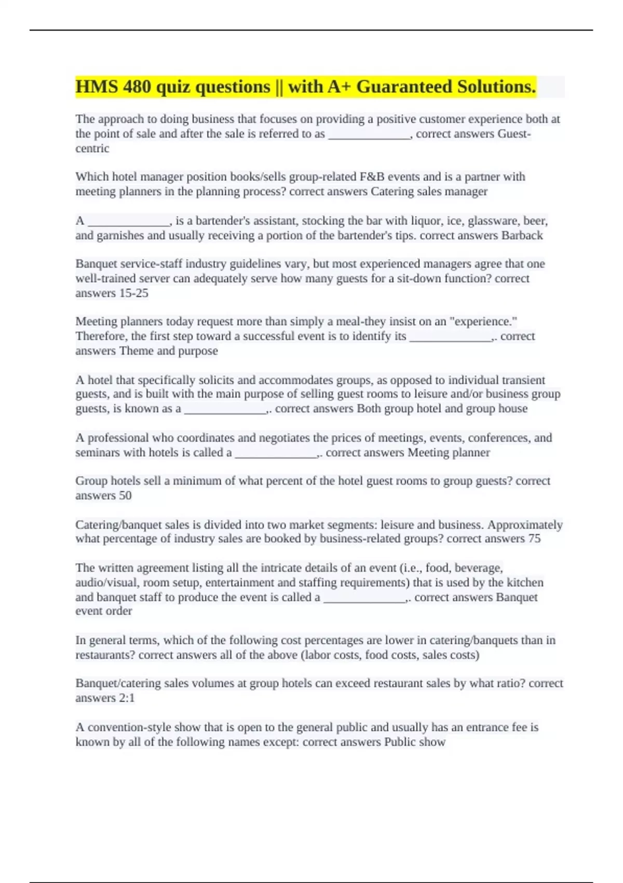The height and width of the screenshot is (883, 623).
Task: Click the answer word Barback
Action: click(522, 236)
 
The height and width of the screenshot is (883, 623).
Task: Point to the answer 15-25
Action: click(133, 293)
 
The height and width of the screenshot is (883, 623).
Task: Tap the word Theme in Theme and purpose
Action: click(137, 351)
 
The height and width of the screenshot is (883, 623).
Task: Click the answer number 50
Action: click(125, 496)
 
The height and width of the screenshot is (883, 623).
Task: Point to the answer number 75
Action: click(534, 539)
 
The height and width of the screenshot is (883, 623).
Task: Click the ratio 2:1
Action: click(127, 698)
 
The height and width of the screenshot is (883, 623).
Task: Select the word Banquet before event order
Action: click(517, 597)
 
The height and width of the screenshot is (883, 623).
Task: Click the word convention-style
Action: click(129, 727)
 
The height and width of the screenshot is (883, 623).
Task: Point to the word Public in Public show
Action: click(400, 742)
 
